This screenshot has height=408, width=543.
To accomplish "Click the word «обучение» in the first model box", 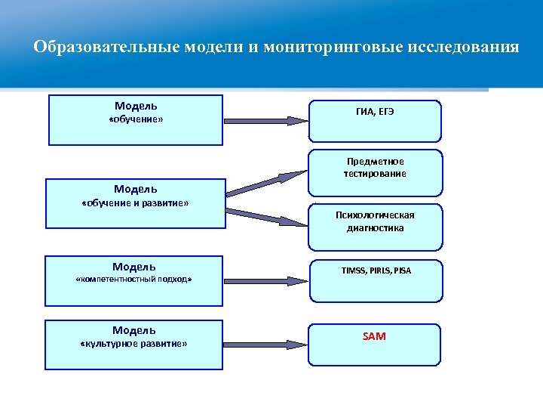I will pyautogui.click(x=136, y=120).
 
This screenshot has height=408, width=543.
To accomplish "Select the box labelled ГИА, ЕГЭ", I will pyautogui.click(x=375, y=120).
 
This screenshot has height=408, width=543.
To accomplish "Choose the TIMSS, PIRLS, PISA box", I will pyautogui.click(x=375, y=280).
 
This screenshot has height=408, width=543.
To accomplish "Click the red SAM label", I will pyautogui.click(x=374, y=336).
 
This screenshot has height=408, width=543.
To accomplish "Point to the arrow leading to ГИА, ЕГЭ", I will pyautogui.click(x=265, y=119).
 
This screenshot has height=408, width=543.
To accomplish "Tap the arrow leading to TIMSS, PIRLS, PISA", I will pyautogui.click(x=265, y=280).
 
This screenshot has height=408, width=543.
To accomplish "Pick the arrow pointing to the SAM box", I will pyautogui.click(x=265, y=345).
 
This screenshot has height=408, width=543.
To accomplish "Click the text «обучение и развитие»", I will pyautogui.click(x=135, y=204).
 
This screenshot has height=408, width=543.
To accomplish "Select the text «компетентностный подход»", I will pyautogui.click(x=134, y=280).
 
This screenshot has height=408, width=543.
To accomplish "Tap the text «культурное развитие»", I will pyautogui.click(x=133, y=345).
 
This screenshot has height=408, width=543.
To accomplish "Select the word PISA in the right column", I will pyautogui.click(x=401, y=270).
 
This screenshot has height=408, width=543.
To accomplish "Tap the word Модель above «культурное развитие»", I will pyautogui.click(x=134, y=330).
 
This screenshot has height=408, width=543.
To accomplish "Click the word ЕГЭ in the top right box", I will pyautogui.click(x=385, y=112).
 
